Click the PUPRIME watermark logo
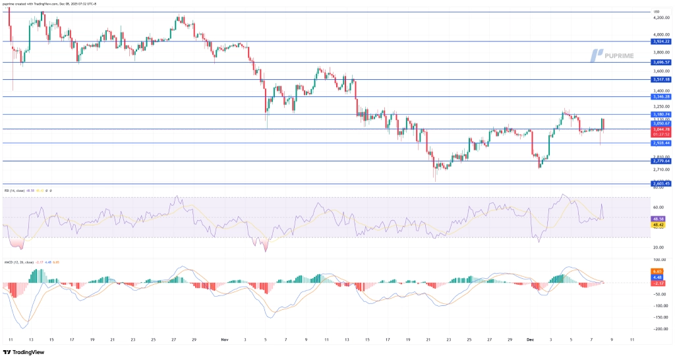[612, 55]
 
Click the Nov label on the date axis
[224, 340]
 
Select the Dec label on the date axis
[529, 340]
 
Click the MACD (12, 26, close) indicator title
[20, 262]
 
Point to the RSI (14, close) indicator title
[16, 191]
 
